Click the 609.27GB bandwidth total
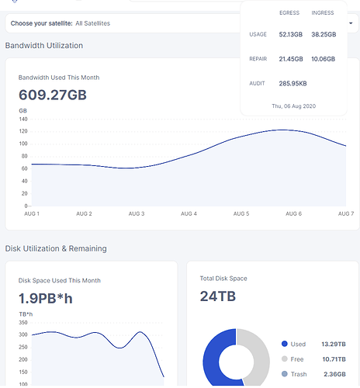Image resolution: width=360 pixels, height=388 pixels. point(53,95)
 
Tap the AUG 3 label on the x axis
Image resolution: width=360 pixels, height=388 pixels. point(137,213)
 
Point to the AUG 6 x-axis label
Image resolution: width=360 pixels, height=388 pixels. point(293,213)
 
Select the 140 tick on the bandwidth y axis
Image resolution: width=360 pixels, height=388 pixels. point(23,120)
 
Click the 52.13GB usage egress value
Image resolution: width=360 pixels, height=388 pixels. point(291,34)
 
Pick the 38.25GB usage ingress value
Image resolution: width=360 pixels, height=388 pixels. point(324,34)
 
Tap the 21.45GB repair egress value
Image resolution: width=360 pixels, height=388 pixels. point(291,59)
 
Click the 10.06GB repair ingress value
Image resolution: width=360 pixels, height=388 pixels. point(323,59)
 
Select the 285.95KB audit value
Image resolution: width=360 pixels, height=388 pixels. point(292,84)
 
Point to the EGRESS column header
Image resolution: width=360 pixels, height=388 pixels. point(289,12)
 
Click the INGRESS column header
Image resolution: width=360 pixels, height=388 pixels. point(323,12)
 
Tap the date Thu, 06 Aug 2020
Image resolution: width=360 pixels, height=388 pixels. point(294,106)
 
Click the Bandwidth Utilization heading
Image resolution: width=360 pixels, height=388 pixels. point(44,46)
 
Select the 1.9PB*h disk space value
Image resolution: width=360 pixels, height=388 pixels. point(46,298)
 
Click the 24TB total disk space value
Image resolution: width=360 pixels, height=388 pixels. point(218,296)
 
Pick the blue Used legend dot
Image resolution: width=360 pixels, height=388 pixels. point(285,344)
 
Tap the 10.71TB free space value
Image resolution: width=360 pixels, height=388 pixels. point(334,359)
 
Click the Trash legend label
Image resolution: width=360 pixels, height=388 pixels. point(299,374)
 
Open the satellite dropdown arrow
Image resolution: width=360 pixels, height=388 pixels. point(351,23)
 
